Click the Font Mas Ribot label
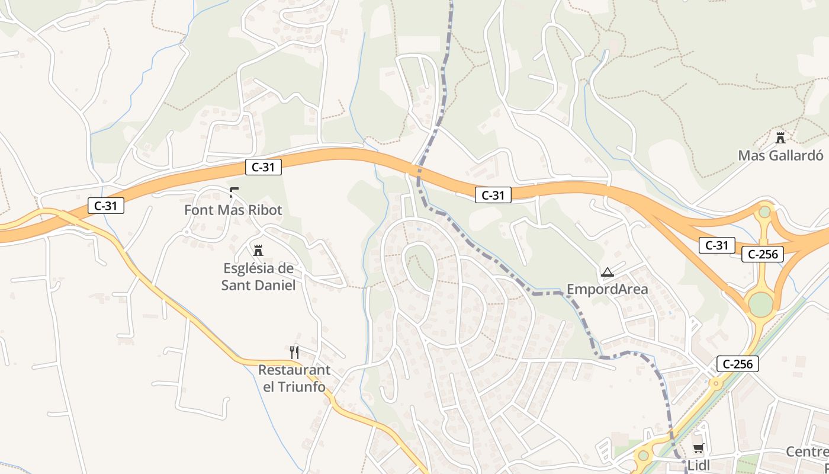click(x=233, y=210)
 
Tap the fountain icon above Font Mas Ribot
click(x=233, y=191)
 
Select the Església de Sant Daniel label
click(x=258, y=276)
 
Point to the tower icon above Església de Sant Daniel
click(x=258, y=250)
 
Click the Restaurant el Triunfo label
click(x=294, y=378)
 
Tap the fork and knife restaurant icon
click(x=294, y=353)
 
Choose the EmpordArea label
click(x=608, y=289)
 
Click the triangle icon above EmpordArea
click(x=607, y=273)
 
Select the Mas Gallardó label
click(x=780, y=155)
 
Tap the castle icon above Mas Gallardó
click(x=780, y=138)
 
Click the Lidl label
click(x=699, y=465)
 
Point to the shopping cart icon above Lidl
click(x=699, y=449)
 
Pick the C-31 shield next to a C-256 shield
click(x=716, y=245)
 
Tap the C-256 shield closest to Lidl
click(x=738, y=364)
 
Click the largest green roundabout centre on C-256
click(x=761, y=304)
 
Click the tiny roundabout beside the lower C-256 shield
click(x=716, y=383)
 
